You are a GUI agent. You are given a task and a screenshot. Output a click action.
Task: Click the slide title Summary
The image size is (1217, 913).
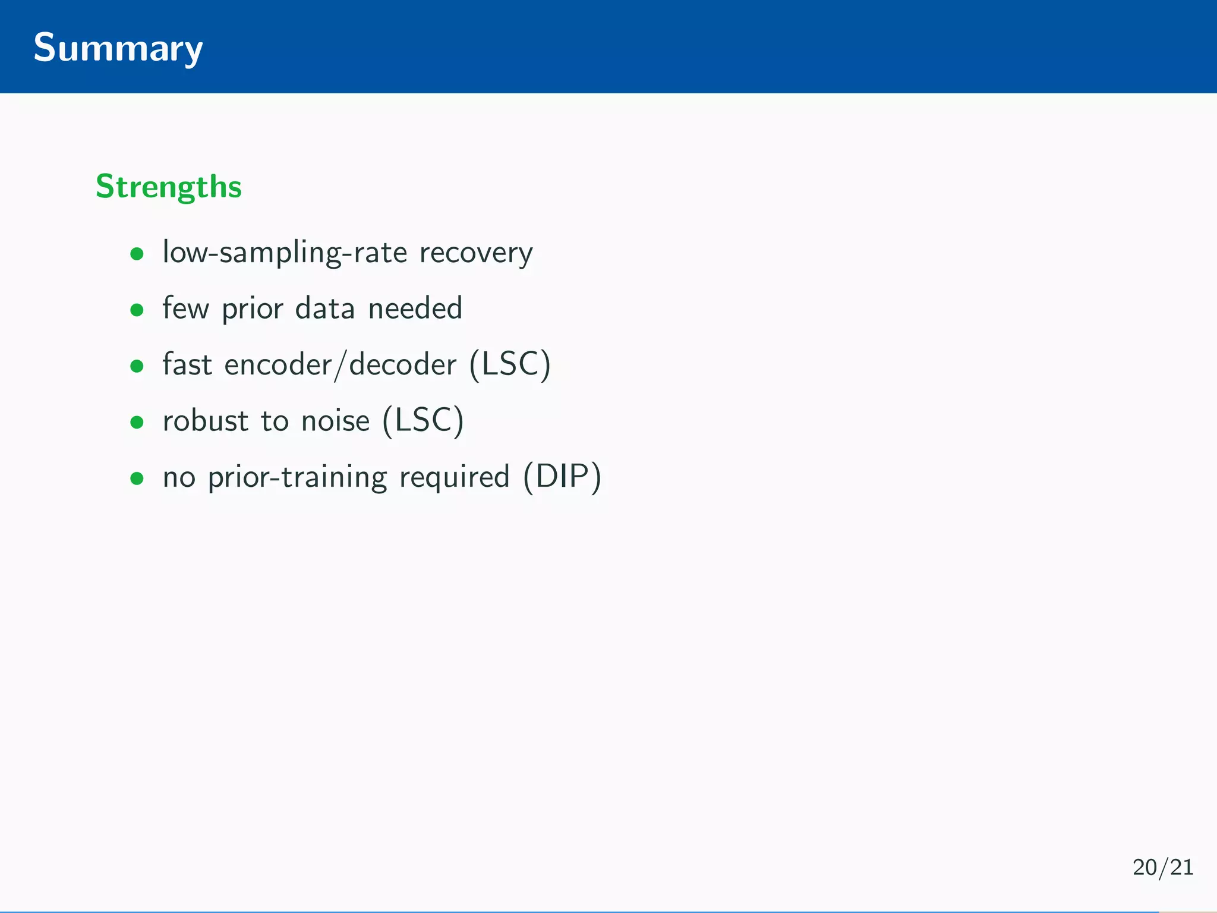coord(118,48)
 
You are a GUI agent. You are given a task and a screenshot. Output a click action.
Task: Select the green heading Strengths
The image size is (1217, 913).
coord(169,187)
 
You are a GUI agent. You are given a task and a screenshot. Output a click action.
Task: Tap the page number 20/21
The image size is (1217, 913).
coord(1162,867)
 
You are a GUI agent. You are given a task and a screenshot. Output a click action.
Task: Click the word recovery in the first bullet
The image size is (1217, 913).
coord(476,253)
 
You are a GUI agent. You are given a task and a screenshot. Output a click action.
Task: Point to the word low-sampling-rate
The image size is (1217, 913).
coord(285,253)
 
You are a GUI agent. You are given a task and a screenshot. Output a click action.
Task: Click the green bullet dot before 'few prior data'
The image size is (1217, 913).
coord(137,310)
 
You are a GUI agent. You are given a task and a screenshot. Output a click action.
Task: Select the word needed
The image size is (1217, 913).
coord(415,308)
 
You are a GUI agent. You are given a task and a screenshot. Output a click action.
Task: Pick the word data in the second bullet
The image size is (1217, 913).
coord(324,308)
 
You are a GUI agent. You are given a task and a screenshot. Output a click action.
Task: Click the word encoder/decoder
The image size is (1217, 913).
coord(340,365)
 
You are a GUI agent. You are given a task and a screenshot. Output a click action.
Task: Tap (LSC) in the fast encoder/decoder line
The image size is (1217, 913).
coord(510,364)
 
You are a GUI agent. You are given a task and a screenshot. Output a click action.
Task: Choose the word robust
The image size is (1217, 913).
coord(205,421)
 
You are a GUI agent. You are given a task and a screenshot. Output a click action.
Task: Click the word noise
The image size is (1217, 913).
coord(335,421)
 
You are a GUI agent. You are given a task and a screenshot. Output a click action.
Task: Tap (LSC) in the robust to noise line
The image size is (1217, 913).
coord(423,421)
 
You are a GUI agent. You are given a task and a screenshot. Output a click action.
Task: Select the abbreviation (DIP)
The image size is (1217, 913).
coord(562,477)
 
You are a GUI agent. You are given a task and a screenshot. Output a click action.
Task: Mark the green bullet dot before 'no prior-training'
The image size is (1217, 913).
coord(137,478)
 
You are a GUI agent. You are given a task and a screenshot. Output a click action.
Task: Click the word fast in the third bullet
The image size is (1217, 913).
coord(187,364)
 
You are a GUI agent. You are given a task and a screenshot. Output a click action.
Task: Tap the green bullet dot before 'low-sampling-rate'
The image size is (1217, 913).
coord(137,254)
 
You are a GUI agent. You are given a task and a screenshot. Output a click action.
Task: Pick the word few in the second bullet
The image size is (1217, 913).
coord(185,308)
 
